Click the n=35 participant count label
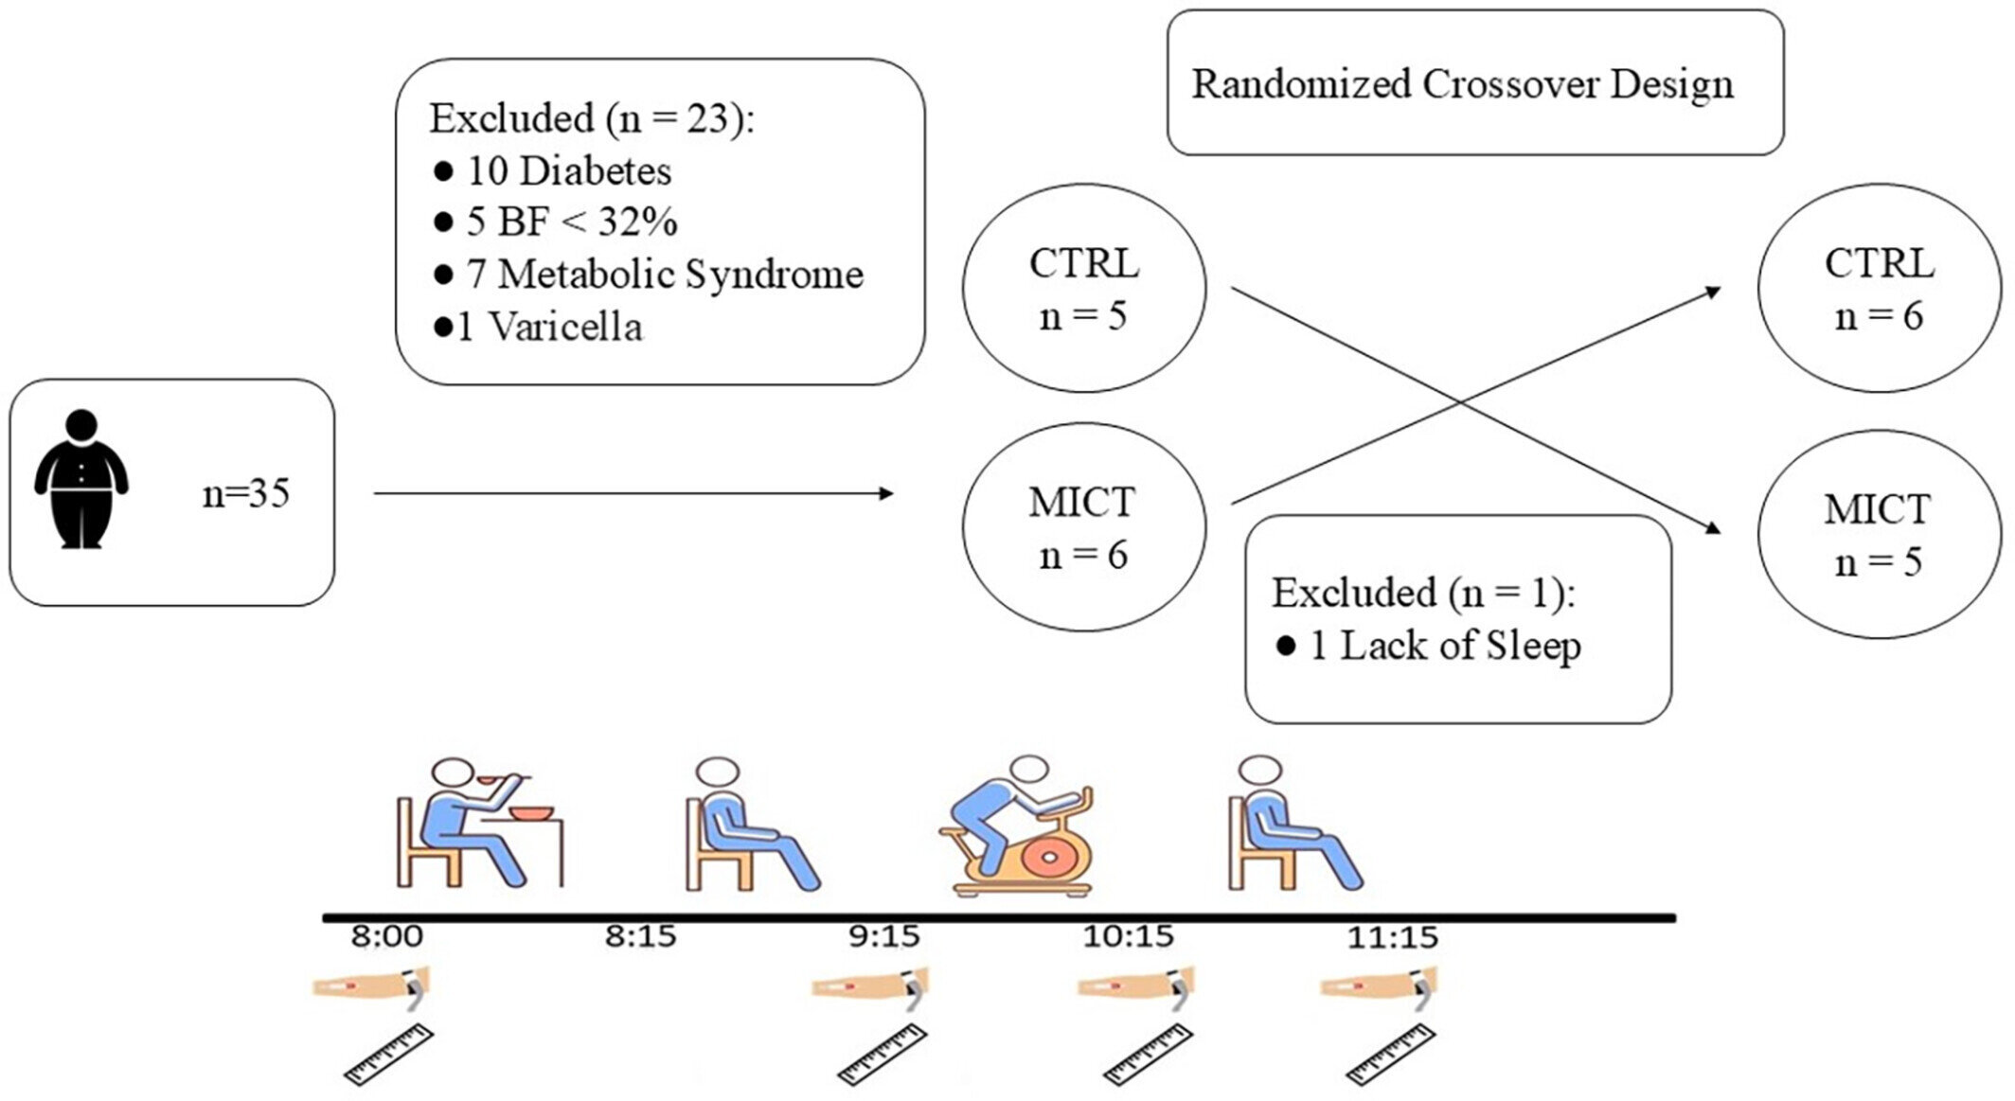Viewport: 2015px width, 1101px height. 245,494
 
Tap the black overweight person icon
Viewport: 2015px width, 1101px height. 81,479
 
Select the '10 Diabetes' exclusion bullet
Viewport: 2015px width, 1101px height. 552,171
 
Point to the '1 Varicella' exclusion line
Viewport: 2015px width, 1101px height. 538,327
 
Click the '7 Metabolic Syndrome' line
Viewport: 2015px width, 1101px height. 649,275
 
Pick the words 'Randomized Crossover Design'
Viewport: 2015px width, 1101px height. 1462,84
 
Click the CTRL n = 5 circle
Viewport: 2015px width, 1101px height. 1084,288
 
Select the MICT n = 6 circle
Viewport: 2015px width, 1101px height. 1084,527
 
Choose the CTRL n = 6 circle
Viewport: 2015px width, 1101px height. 1879,288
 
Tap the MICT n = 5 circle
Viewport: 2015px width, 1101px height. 1879,535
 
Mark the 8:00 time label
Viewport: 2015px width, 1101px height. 386,937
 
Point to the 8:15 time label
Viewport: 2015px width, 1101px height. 641,937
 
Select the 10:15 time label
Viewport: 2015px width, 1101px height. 1128,937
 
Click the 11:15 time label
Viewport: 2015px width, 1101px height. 1392,938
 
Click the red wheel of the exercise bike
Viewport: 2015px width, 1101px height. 1046,858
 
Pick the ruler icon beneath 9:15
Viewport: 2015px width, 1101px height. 882,1054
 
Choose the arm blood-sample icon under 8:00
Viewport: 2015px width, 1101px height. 372,986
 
